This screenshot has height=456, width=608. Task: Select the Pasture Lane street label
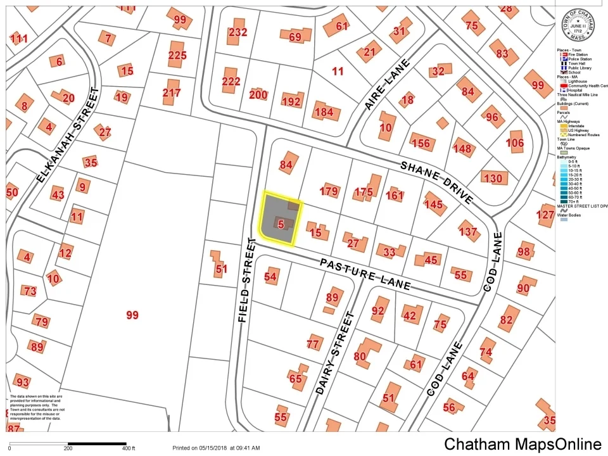365,274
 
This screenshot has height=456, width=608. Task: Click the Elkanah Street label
68,135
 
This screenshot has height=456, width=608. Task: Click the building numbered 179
329,191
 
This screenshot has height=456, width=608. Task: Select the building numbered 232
237,32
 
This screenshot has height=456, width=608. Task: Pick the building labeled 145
434,204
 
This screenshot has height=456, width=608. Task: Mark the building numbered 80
360,356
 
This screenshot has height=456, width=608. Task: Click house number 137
468,232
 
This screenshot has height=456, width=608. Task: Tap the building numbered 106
515,143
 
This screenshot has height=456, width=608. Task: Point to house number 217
172,92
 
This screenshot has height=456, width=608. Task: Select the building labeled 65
296,379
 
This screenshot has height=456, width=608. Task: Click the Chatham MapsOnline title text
522,444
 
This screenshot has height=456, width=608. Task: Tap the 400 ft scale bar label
128,448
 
